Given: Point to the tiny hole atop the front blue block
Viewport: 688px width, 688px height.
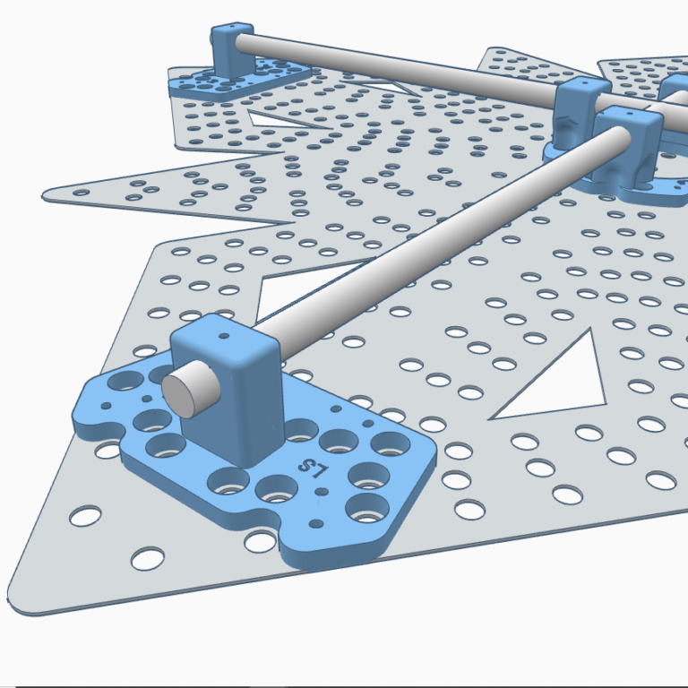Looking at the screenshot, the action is (224, 336).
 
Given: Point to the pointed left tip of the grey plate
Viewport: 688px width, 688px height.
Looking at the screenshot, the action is (44, 195).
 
